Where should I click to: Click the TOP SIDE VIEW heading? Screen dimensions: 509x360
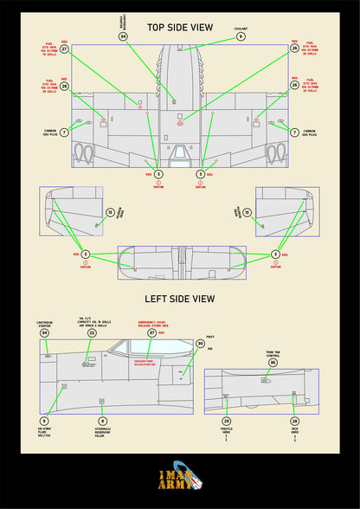pos(179,28)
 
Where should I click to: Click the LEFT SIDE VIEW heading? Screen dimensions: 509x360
pos(179,299)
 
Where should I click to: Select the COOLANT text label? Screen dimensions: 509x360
pos(241,29)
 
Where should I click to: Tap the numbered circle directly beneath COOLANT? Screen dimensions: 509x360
pos(241,37)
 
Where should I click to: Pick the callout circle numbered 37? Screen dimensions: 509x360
pos(152,332)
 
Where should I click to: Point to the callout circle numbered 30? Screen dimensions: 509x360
pos(200,344)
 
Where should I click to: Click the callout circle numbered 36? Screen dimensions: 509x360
pos(272,363)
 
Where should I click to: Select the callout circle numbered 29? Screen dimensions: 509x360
pos(227,420)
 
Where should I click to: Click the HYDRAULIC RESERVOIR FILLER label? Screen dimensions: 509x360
pos(102,436)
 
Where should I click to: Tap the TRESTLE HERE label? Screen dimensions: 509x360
pos(227,433)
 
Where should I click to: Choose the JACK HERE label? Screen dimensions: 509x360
pos(294,433)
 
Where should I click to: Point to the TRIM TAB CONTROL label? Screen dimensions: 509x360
pos(272,353)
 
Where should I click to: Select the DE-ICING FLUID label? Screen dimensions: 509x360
pos(44,436)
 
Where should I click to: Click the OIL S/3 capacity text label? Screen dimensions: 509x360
pos(93,319)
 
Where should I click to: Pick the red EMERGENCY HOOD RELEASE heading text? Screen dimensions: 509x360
pos(152,322)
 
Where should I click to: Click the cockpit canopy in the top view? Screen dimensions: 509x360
pos(179,154)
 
